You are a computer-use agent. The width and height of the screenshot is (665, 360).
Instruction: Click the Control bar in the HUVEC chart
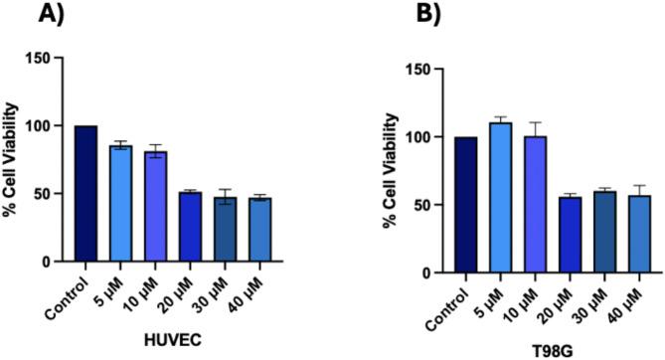pos(85,194)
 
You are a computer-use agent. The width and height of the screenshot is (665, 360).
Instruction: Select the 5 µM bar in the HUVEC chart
pos(119,204)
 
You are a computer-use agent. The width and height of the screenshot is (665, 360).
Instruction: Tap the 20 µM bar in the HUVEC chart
pos(187,227)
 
